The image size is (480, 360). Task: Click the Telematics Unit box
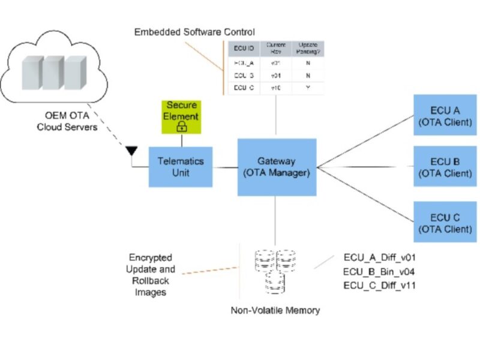[x=181, y=167]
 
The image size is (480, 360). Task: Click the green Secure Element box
[x=182, y=116]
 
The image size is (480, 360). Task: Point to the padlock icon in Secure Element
[x=182, y=127]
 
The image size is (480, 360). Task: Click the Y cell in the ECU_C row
[x=307, y=88]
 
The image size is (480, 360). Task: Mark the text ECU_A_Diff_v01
[x=379, y=257]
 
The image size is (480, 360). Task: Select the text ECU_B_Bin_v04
[x=379, y=271]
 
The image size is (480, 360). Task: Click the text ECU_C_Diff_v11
[x=379, y=285]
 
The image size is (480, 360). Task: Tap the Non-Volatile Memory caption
[x=275, y=311]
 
